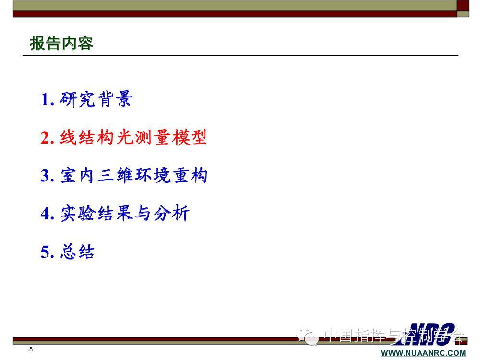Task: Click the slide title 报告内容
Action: pos(61,43)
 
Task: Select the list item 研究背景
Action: pos(96,99)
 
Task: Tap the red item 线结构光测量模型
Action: pos(133,137)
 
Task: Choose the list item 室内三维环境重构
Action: pos(134,175)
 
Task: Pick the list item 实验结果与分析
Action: pos(125,213)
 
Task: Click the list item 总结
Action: pos(77,252)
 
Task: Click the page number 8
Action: pos(31,349)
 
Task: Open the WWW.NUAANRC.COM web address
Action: pos(423,353)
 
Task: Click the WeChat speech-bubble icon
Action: pos(307,337)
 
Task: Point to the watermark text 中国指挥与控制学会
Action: pos(394,335)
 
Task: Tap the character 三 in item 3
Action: pos(106,176)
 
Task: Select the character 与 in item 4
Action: pos(143,213)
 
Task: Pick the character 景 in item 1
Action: pos(124,99)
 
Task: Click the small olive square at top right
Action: pos(463,14)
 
